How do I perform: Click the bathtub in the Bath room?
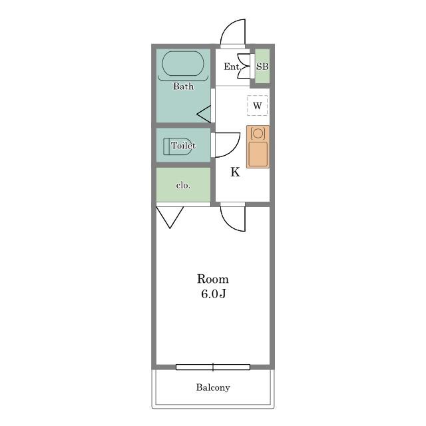click(x=183, y=64)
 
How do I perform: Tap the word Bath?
click(x=184, y=87)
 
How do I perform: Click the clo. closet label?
click(x=183, y=185)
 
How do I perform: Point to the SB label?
click(x=262, y=67)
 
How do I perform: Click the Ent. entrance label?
click(x=232, y=67)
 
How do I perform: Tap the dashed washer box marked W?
click(x=258, y=105)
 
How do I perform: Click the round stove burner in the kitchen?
click(x=258, y=133)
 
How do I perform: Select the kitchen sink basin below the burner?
click(x=258, y=154)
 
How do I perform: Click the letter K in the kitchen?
click(x=235, y=172)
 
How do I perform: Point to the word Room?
click(x=213, y=279)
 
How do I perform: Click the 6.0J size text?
click(x=214, y=294)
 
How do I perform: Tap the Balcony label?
click(x=213, y=387)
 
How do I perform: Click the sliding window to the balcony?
click(x=213, y=367)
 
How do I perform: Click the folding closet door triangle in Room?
click(x=170, y=218)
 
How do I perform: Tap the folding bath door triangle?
click(x=204, y=114)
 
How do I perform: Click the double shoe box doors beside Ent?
click(x=244, y=67)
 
